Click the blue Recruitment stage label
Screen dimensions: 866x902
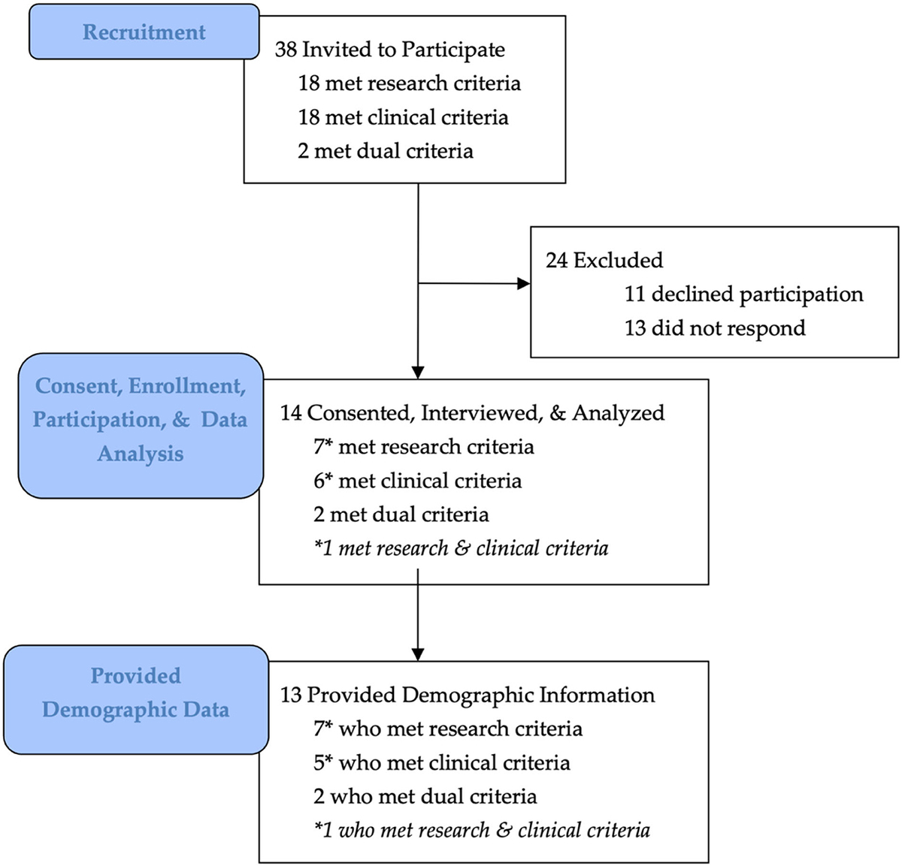tap(144, 32)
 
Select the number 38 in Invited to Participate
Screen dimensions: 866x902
tap(286, 50)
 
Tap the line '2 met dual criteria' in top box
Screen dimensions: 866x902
tap(385, 151)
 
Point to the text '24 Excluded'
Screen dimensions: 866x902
tap(604, 261)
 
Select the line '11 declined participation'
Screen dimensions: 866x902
tap(743, 294)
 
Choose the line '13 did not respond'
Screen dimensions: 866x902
tap(714, 328)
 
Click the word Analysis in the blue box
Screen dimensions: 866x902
tap(141, 454)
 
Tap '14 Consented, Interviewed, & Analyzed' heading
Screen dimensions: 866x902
tap(472, 413)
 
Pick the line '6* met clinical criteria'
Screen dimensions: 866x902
tap(417, 481)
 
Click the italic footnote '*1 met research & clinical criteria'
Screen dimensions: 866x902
tap(461, 548)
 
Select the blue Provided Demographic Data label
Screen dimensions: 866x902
tap(135, 692)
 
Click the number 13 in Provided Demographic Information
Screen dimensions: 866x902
tap(291, 696)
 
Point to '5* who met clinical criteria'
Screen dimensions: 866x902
tap(441, 763)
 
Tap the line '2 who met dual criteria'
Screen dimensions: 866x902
tap(425, 797)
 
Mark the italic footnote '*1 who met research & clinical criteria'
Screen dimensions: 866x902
tap(481, 831)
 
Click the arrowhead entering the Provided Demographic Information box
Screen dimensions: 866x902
tap(418, 654)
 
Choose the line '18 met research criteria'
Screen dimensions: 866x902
tap(409, 83)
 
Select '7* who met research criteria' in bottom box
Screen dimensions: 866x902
tap(447, 729)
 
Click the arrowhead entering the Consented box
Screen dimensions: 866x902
tap(418, 372)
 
